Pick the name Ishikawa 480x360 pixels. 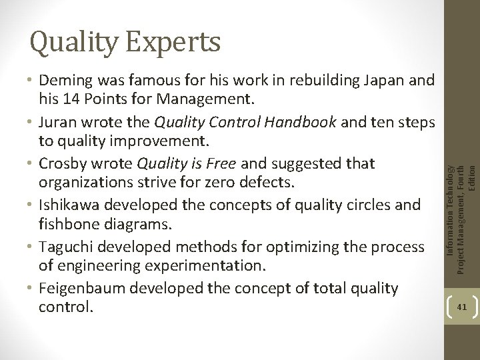(x=69, y=205)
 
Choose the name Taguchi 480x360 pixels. (x=65, y=246)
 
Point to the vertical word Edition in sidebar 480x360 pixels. (x=473, y=176)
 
